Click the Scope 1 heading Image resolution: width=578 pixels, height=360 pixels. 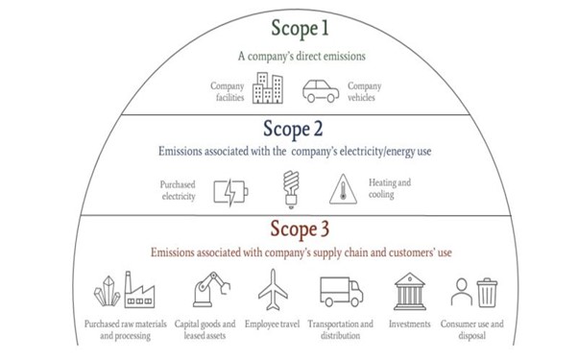point(300,29)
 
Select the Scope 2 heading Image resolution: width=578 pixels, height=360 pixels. point(293,130)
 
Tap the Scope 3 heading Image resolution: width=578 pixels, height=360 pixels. point(300,229)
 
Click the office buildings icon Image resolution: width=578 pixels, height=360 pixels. point(268,87)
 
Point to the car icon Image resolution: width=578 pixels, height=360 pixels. point(321,91)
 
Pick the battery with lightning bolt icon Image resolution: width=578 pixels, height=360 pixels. point(230,192)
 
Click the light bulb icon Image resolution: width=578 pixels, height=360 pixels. point(291,189)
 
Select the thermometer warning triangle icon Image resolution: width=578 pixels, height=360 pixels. point(343,189)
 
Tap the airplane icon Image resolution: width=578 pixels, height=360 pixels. point(273,290)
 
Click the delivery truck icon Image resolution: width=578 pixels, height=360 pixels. point(342,292)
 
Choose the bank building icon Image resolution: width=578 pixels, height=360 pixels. point(410,292)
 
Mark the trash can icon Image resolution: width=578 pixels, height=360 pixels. point(487,293)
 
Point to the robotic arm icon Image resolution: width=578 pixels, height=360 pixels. point(211,290)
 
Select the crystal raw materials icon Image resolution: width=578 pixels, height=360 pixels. point(107,291)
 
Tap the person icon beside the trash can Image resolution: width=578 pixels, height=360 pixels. point(462,292)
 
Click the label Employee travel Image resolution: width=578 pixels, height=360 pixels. point(272,324)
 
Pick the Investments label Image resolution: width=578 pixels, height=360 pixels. point(410,324)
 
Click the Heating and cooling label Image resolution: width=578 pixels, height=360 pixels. point(390,188)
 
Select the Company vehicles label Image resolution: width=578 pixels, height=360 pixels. point(364,91)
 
